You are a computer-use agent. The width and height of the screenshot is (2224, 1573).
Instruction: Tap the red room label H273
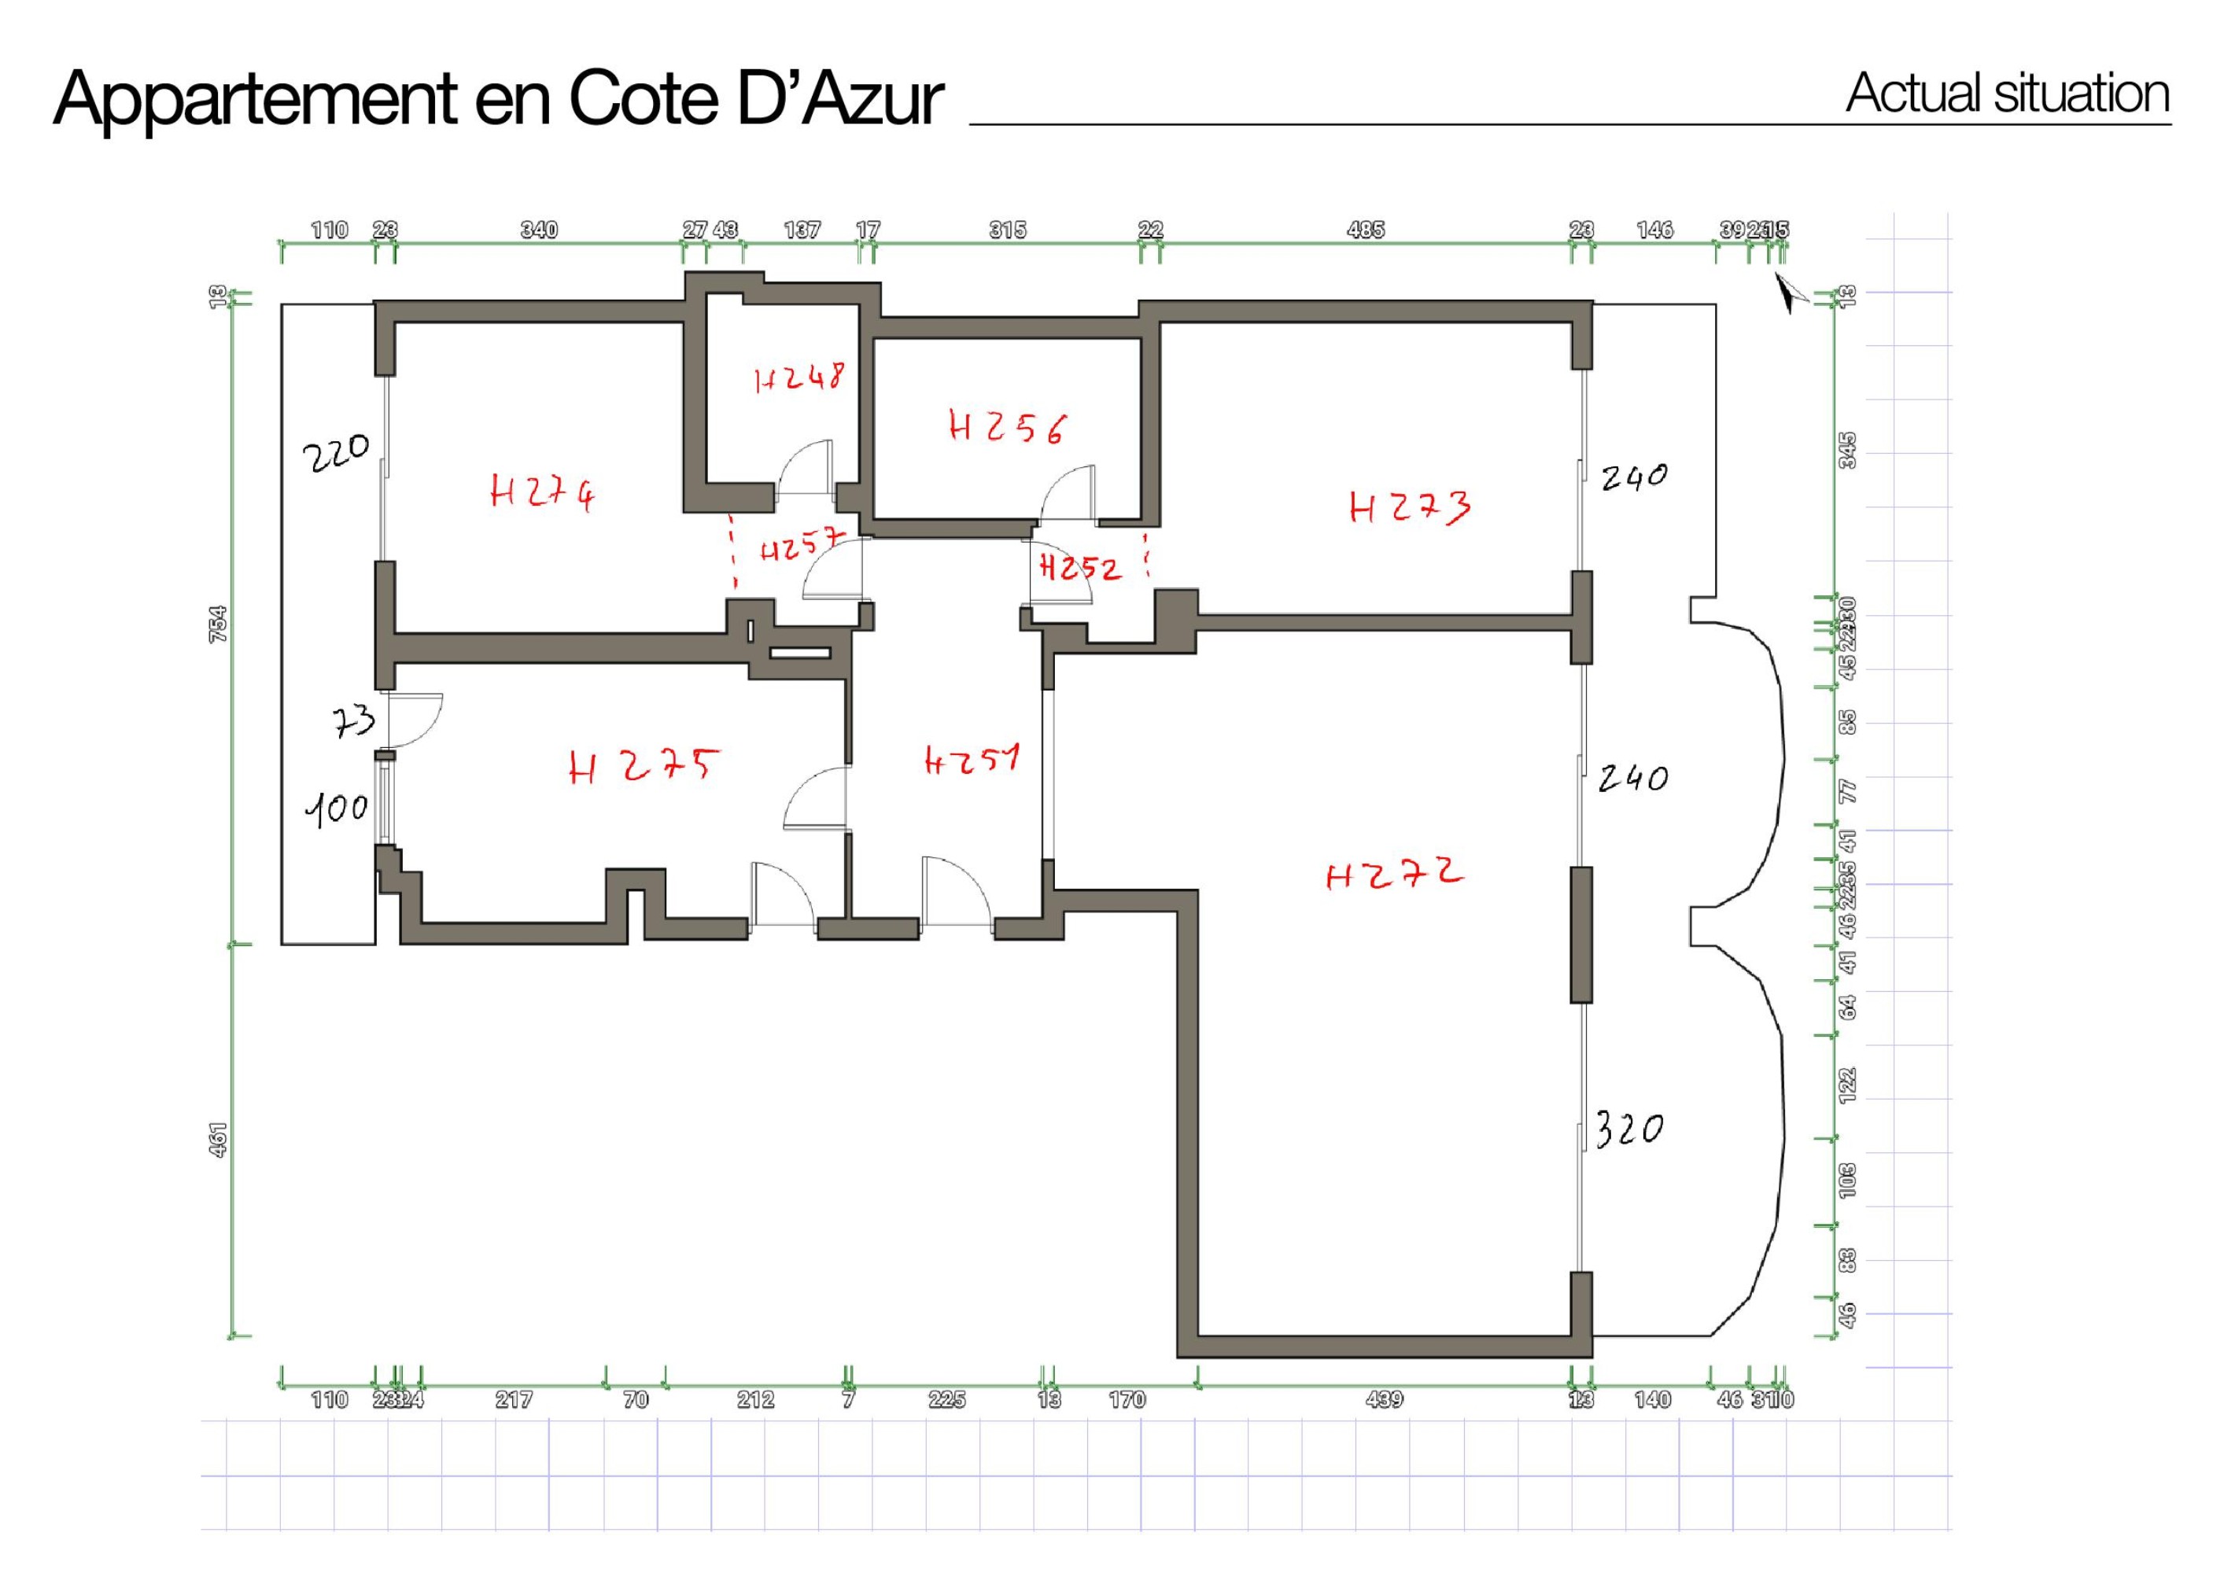click(1410, 507)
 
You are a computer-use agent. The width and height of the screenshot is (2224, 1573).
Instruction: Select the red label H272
click(1394, 875)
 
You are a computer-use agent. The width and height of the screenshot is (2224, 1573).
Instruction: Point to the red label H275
click(644, 767)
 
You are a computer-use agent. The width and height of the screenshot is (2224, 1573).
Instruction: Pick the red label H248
click(799, 378)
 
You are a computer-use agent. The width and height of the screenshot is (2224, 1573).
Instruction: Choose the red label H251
click(972, 760)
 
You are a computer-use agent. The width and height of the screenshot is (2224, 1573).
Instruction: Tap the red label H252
click(1080, 568)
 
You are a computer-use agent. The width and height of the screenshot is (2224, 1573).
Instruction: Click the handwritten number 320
click(1629, 1129)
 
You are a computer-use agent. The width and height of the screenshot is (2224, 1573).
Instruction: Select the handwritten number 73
click(353, 721)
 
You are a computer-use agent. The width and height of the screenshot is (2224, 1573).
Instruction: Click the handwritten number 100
click(336, 808)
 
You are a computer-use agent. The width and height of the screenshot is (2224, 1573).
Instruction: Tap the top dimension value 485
click(1366, 230)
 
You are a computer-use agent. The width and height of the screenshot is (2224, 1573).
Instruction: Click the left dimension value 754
click(219, 624)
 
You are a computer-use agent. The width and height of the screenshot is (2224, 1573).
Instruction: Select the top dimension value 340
click(540, 230)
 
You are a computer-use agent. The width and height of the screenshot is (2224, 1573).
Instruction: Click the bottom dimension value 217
click(514, 1400)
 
